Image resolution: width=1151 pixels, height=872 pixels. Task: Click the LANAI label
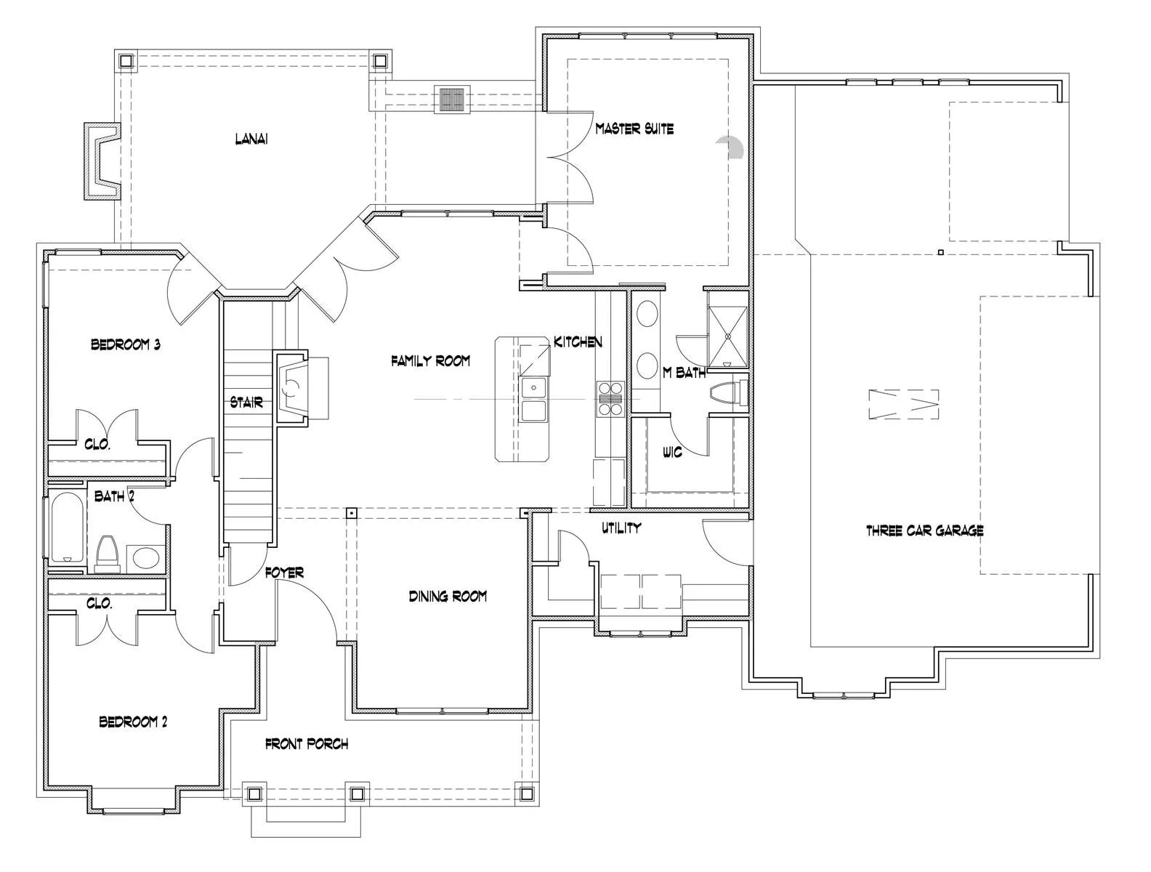click(x=251, y=139)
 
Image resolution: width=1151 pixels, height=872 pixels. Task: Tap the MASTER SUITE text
click(x=634, y=129)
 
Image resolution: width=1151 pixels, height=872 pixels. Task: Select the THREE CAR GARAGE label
click(x=924, y=530)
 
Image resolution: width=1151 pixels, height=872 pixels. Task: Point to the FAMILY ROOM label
click(x=430, y=360)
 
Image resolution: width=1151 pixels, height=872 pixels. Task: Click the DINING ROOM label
click(x=448, y=596)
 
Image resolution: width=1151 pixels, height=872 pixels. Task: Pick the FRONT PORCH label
click(x=307, y=744)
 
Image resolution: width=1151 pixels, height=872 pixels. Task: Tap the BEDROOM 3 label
click(x=126, y=344)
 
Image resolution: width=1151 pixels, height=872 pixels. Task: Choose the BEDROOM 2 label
click(x=133, y=722)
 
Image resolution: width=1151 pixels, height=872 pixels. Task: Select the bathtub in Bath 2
click(x=67, y=528)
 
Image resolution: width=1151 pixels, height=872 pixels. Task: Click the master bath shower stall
click(x=727, y=336)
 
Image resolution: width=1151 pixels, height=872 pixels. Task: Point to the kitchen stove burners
click(x=611, y=399)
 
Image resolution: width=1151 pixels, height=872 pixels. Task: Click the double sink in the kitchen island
click(x=533, y=400)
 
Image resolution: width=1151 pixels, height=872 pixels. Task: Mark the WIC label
click(x=672, y=452)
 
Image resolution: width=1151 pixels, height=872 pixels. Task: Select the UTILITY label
click(x=621, y=528)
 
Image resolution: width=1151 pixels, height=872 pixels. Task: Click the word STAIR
click(x=246, y=403)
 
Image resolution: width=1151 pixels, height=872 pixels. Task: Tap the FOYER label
click(x=284, y=573)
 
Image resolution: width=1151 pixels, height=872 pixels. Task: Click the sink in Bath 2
click(x=145, y=558)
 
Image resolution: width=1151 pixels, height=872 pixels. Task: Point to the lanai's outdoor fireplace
click(x=101, y=161)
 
